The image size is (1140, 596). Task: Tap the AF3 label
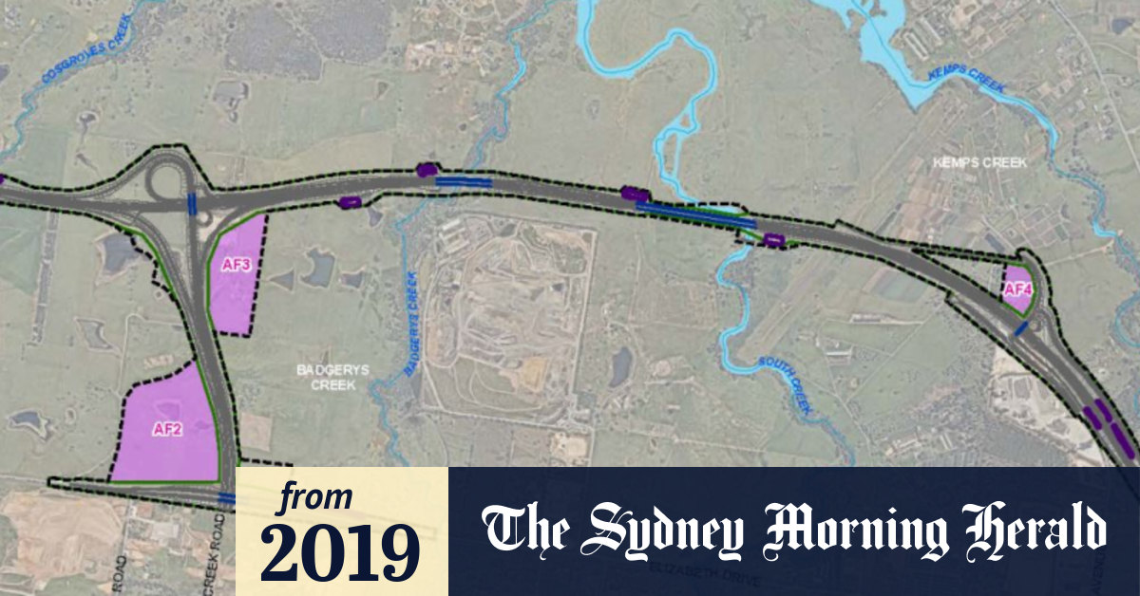(235, 266)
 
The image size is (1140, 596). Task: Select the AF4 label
(1016, 289)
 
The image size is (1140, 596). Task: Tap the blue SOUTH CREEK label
(785, 383)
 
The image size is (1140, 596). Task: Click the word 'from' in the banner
(314, 497)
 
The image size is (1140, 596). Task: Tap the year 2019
(340, 551)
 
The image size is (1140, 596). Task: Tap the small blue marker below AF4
(1020, 328)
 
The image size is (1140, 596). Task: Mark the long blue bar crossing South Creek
(695, 214)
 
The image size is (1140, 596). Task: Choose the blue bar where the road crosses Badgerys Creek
(464, 180)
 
